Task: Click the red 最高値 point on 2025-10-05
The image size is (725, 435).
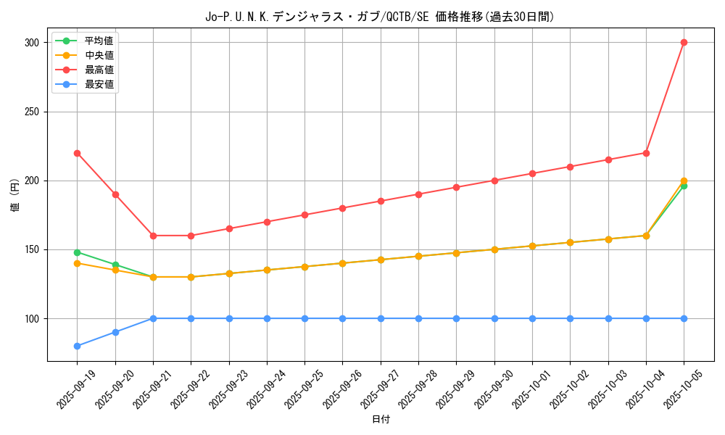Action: click(x=684, y=42)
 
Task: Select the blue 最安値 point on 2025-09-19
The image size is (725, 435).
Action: click(x=77, y=346)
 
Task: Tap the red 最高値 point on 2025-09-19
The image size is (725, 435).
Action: click(x=77, y=153)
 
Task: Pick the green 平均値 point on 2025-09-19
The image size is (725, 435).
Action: click(x=77, y=252)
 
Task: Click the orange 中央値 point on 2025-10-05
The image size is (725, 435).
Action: click(x=684, y=181)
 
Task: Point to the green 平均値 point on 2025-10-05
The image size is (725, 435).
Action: click(x=684, y=186)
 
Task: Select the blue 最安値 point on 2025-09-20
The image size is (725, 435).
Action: click(x=115, y=332)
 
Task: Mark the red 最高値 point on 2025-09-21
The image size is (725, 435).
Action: click(x=153, y=236)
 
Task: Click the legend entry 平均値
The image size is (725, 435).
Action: click(x=99, y=41)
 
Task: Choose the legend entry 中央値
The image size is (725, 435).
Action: click(x=99, y=55)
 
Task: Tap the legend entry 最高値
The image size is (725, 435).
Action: click(x=99, y=70)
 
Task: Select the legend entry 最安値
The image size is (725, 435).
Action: click(x=99, y=84)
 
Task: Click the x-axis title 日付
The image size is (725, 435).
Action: click(x=381, y=420)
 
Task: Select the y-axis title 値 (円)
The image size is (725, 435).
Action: click(x=14, y=194)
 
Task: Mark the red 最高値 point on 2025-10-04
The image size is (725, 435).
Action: click(x=646, y=153)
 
